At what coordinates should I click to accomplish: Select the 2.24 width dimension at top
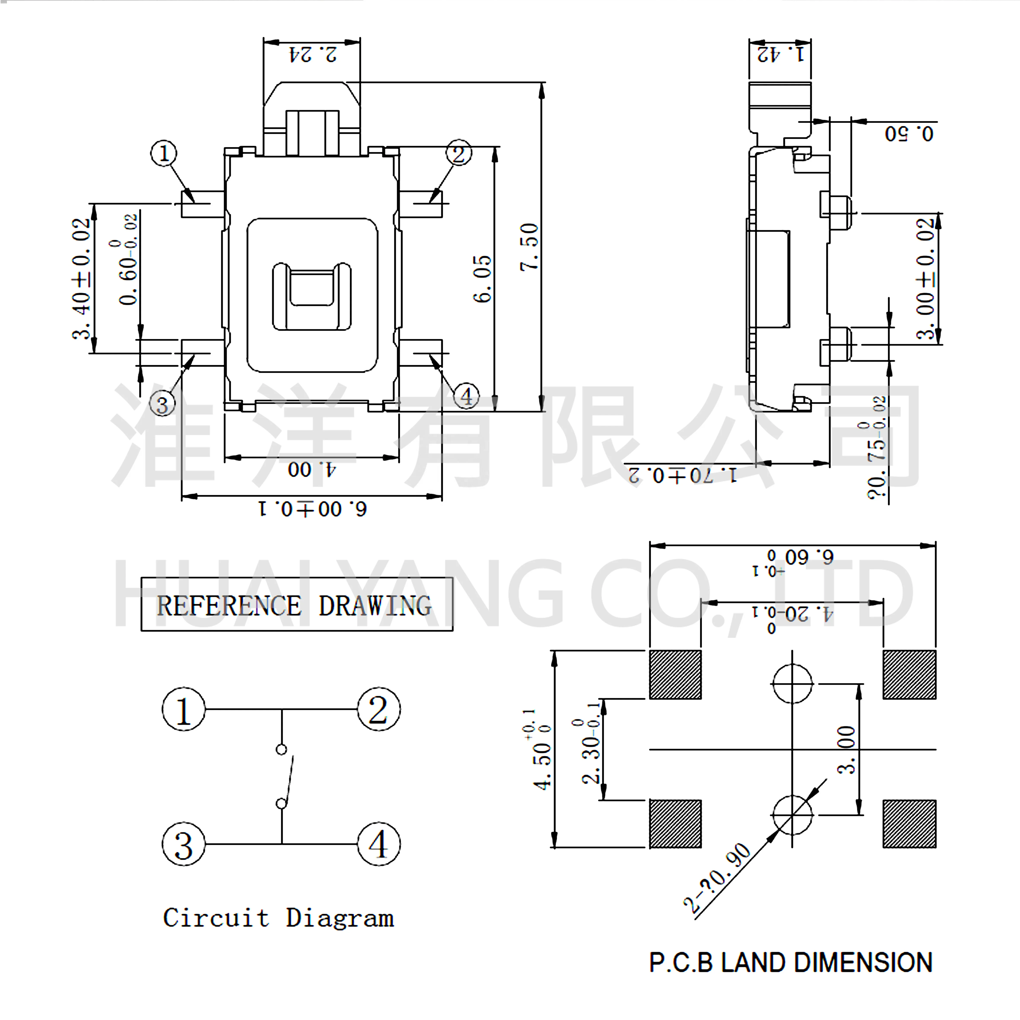tap(313, 54)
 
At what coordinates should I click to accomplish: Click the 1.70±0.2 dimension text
tap(682, 475)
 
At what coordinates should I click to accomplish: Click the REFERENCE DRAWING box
tap(297, 605)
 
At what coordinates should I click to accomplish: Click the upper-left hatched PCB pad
tap(675, 675)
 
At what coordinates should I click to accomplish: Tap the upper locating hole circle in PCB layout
tap(792, 684)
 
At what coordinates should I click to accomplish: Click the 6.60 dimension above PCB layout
tap(808, 557)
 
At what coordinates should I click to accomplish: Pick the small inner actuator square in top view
tap(312, 288)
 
